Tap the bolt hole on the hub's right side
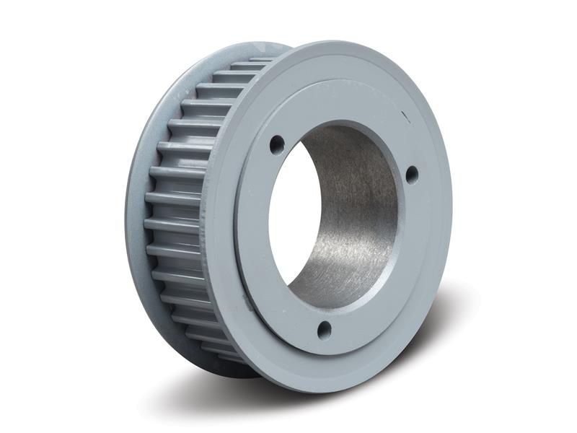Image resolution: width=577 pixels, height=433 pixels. (x=411, y=174)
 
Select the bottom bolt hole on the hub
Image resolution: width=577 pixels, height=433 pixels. (x=325, y=331)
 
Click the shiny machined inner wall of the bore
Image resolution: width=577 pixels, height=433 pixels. (x=353, y=216)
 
